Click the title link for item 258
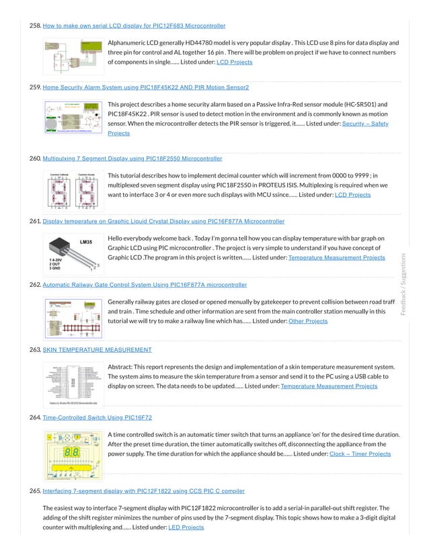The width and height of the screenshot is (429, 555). [134, 26]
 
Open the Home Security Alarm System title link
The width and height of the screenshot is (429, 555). [145, 87]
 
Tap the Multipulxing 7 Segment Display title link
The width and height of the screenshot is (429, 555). [132, 159]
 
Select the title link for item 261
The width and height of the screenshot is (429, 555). [163, 221]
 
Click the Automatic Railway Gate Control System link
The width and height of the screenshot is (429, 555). [145, 285]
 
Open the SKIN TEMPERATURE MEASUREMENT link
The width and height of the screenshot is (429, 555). [97, 350]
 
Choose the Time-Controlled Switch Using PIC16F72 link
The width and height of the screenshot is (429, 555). [97, 417]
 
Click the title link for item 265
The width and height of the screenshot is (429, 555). [143, 491]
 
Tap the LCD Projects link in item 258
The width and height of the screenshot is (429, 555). [234, 62]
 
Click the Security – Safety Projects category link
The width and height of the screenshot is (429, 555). [365, 124]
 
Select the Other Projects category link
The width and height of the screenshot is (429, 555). [307, 321]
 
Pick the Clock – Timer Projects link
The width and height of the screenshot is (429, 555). [360, 454]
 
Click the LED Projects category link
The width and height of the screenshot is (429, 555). [186, 528]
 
